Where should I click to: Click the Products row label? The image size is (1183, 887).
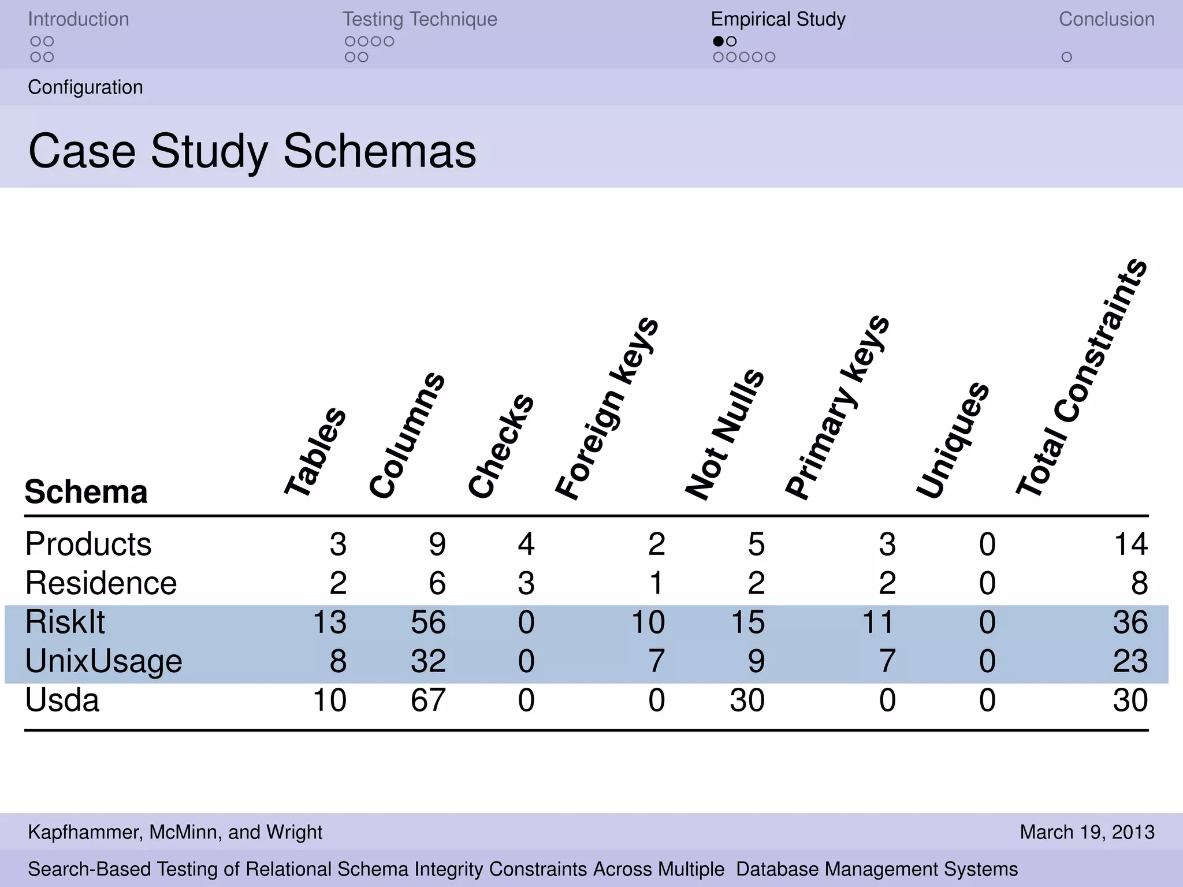click(88, 545)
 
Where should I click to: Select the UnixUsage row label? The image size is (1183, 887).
click(103, 661)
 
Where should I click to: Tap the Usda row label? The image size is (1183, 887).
click(62, 700)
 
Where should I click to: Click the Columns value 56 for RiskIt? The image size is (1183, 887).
click(428, 623)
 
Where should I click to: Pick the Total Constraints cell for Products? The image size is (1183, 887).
click(1130, 545)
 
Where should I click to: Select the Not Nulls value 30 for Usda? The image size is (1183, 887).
click(747, 700)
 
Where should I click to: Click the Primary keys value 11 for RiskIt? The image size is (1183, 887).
click(878, 623)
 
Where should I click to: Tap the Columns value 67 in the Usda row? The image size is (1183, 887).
click(428, 700)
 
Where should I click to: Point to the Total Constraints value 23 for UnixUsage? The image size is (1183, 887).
click(1130, 661)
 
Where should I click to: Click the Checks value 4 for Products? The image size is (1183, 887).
click(526, 545)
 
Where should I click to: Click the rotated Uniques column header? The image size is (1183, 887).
click(953, 440)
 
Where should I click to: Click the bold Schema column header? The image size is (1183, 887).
click(85, 492)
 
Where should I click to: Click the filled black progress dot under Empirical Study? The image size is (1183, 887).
click(718, 41)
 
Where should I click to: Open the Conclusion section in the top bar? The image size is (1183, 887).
click(1106, 19)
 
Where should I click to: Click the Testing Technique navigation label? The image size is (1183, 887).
click(419, 19)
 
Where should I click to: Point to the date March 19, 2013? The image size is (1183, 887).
click(1087, 832)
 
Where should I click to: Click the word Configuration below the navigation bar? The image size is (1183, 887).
click(85, 87)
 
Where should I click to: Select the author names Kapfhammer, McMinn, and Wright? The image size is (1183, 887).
click(175, 832)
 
